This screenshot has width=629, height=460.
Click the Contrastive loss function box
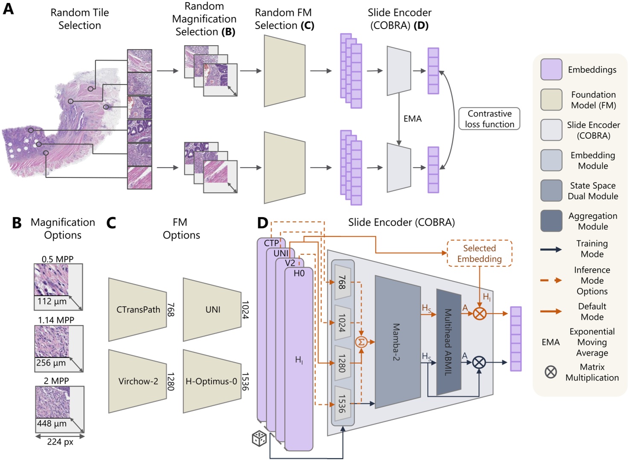[489, 119]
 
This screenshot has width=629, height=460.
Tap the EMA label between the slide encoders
[412, 119]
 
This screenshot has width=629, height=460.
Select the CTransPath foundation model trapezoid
[137, 309]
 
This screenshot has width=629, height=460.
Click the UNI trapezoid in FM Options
[212, 309]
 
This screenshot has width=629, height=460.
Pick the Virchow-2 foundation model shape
[137, 381]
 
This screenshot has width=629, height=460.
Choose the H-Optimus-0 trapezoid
[212, 381]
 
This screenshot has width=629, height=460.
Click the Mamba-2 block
[397, 342]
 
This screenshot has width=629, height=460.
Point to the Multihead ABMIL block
[448, 342]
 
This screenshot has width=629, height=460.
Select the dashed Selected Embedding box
[479, 253]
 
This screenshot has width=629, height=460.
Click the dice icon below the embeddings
[259, 438]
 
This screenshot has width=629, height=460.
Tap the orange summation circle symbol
[361, 342]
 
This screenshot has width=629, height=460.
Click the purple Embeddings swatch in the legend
[551, 70]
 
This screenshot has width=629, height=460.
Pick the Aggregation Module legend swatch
[551, 221]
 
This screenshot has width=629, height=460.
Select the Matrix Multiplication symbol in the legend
[551, 372]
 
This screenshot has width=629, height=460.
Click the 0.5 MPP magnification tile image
[51, 279]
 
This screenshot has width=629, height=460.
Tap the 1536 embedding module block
[343, 404]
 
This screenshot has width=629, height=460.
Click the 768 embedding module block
[343, 282]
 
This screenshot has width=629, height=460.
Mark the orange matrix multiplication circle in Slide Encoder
[480, 314]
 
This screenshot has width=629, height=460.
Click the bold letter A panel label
[8, 9]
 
